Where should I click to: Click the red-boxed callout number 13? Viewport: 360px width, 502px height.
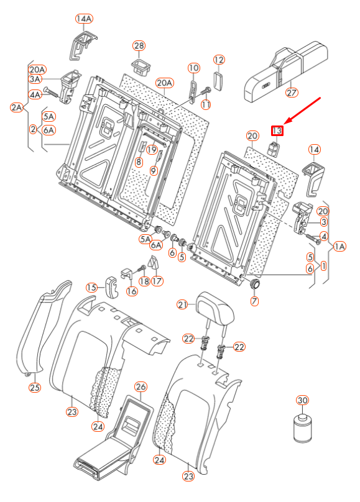point(276,130)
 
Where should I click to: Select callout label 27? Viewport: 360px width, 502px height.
point(292,93)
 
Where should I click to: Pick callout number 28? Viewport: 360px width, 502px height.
point(139,46)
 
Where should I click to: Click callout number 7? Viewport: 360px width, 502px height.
point(254,301)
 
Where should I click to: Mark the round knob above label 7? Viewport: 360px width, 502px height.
point(254,285)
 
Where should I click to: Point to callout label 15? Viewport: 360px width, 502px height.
point(92,287)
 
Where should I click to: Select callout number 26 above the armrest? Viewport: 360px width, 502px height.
point(141,386)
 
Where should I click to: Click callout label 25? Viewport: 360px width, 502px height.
point(34,388)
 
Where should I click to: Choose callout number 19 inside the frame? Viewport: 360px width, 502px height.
point(152,149)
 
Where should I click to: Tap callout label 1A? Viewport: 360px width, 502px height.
point(339,247)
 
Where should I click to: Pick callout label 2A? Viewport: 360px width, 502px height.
point(16,107)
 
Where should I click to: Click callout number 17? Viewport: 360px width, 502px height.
point(157,281)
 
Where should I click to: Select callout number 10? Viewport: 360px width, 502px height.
point(193,67)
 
